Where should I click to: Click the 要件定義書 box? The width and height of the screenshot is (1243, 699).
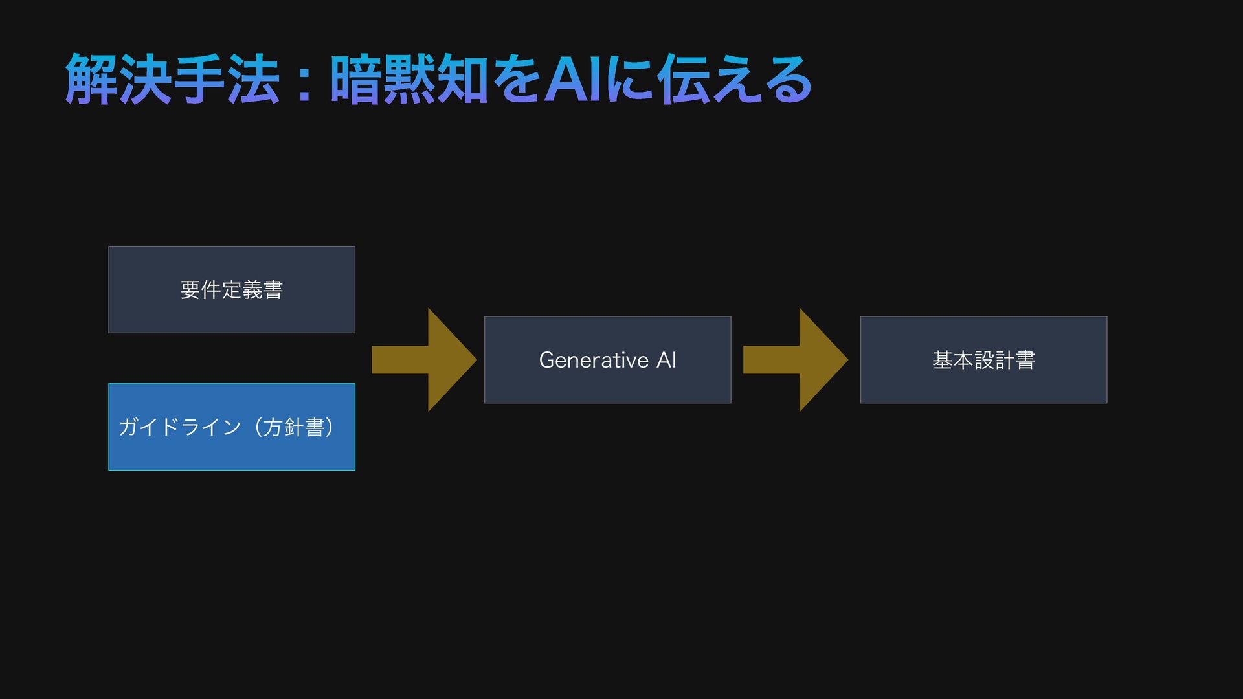coord(231,289)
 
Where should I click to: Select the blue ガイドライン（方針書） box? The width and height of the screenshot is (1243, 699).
coord(231,427)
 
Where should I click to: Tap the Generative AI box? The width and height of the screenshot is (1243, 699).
coord(607,360)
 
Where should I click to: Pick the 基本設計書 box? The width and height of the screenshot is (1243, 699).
coord(983,360)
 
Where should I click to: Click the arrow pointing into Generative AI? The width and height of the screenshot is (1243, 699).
coord(424,360)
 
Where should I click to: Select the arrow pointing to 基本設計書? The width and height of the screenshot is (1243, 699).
coord(795,360)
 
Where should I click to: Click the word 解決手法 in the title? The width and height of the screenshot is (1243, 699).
coord(172,80)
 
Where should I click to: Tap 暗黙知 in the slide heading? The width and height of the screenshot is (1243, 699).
coord(409,80)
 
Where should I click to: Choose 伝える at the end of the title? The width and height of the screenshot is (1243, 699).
coord(735,80)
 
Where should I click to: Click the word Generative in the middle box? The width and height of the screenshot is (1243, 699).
coord(594,360)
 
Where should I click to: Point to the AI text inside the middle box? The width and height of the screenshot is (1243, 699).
coord(666,360)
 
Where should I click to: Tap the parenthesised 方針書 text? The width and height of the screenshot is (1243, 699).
coord(295,427)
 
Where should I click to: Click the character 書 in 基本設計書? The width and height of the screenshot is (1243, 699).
coord(1025,360)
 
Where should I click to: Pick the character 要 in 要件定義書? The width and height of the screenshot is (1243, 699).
coord(190,289)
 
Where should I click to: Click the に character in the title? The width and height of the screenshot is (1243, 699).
coord(631,80)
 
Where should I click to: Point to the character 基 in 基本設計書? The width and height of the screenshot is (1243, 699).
coord(942,360)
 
